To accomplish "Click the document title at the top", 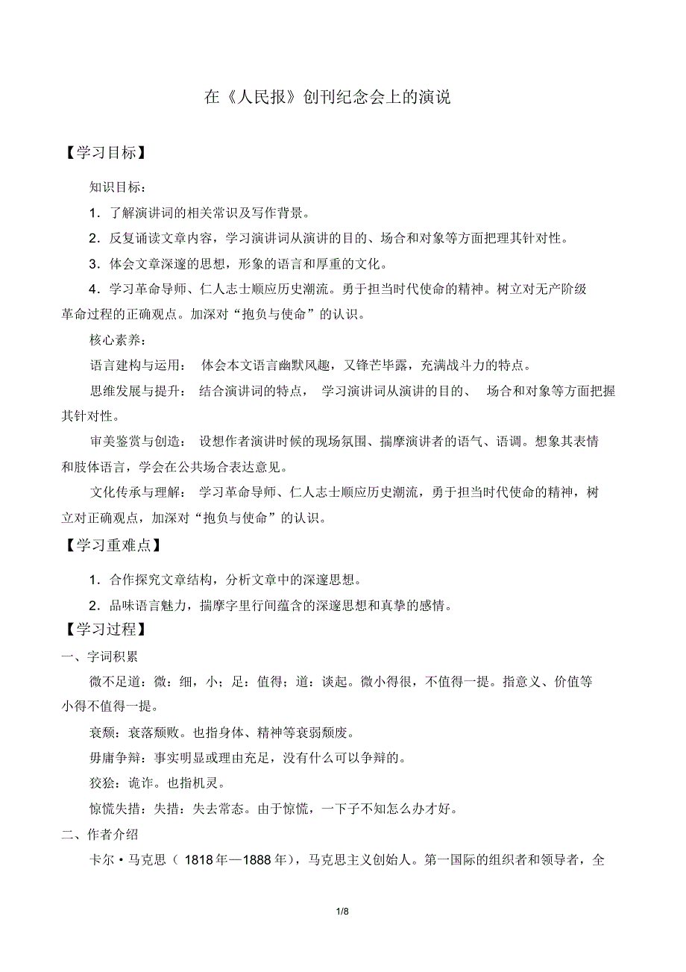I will coord(327,98).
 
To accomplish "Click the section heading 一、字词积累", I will coord(99,656).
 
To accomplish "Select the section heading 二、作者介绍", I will coord(99,834).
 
